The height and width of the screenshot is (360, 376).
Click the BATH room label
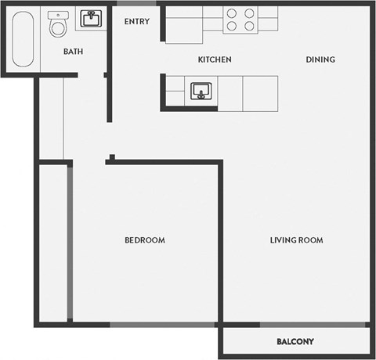pos(74,52)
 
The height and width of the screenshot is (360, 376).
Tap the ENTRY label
pos(137,22)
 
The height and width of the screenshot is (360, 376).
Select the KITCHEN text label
pos(214,60)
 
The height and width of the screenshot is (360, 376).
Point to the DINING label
pos(320,60)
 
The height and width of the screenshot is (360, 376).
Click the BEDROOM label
pos(145,240)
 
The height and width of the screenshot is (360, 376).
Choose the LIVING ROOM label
pos(297,240)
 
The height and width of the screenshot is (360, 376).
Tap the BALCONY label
pos(295,342)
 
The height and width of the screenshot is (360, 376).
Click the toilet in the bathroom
pos(58,28)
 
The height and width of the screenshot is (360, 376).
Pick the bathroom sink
pos(90,19)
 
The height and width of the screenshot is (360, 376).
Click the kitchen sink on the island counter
pos(201,91)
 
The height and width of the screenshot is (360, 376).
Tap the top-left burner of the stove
pos(232,13)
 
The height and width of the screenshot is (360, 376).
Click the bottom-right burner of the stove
pos(249,27)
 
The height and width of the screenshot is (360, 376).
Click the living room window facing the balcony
pos(314,324)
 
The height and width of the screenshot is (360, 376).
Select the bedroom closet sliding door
pos(70,243)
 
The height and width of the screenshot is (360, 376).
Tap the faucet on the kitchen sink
pos(201,96)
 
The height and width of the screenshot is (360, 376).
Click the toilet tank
pos(57,15)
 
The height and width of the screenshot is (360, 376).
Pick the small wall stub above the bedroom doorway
pos(111,158)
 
